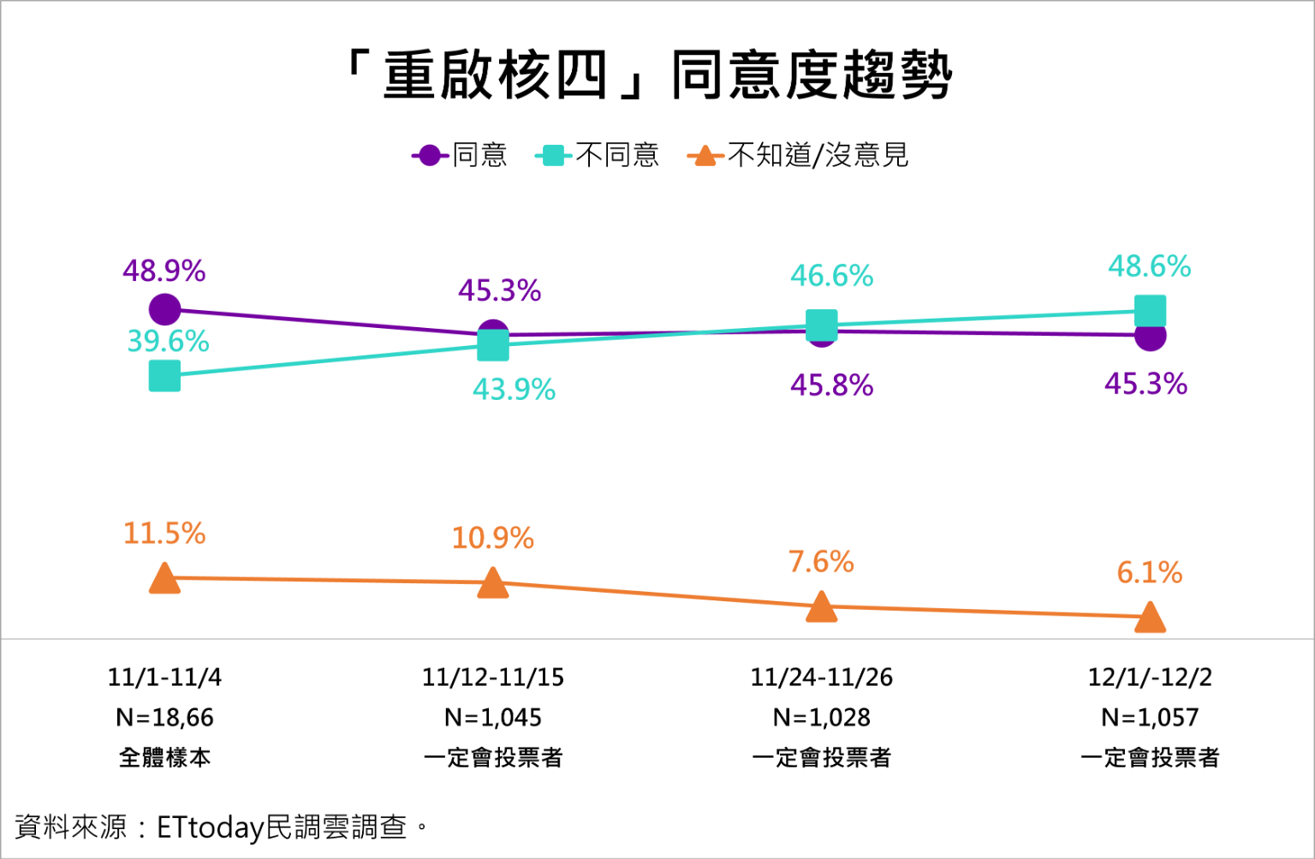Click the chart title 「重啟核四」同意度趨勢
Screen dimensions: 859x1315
coord(648,75)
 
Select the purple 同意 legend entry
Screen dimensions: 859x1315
coord(461,155)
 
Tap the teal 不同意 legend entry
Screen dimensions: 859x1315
coord(598,155)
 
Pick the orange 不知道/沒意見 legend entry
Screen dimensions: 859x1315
coord(798,155)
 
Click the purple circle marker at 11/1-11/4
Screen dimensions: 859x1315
coord(165,309)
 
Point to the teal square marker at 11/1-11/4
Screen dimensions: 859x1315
coord(165,375)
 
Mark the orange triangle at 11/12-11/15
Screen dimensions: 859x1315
coord(493,583)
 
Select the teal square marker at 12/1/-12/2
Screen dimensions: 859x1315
coord(1150,311)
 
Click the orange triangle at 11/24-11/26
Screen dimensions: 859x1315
coord(821,606)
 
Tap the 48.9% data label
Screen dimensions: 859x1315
coord(164,271)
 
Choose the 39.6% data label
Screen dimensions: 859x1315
coord(169,342)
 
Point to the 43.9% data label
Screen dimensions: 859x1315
coord(514,390)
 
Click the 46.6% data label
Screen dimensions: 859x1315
coord(831,276)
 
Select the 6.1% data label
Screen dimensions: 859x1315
coord(1149,572)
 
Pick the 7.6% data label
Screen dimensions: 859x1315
coord(821,562)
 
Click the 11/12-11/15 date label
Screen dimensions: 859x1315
coord(493,677)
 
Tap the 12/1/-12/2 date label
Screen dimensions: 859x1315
coord(1150,677)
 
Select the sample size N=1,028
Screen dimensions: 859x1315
coord(821,717)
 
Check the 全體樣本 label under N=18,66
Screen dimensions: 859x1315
coord(165,757)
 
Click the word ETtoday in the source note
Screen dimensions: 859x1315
coord(211,827)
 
